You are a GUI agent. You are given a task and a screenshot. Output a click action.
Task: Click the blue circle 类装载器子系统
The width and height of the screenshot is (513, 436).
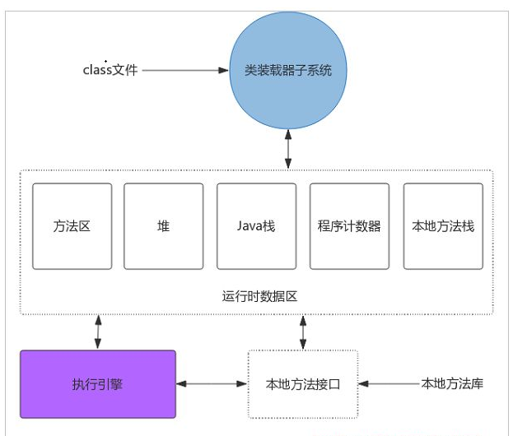click(288, 70)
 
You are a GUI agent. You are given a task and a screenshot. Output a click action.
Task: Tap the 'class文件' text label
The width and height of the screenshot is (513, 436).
click(110, 70)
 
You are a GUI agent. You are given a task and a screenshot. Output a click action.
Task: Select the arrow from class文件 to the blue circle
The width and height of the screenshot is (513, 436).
click(185, 70)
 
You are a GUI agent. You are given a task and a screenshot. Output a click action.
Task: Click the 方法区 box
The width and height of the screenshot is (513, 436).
click(72, 226)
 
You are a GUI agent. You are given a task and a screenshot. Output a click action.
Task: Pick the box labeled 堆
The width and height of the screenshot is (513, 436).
click(164, 226)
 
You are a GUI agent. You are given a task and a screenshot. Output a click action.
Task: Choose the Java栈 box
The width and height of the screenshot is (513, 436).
click(257, 226)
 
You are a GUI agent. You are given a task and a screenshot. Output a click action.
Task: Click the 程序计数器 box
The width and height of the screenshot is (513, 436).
click(349, 226)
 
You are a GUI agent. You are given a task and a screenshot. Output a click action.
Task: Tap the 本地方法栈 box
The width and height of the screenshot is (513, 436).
click(443, 226)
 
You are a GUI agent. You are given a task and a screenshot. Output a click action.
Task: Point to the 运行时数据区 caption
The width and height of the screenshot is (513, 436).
click(259, 296)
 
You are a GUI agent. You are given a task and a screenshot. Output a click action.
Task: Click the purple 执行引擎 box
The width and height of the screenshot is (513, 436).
click(98, 384)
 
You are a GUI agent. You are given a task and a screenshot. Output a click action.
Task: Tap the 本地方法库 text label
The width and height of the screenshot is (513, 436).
click(452, 383)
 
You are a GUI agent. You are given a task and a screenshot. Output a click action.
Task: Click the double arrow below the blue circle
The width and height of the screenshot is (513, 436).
click(288, 149)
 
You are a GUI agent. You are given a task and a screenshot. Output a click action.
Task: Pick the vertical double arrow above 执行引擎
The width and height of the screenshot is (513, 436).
click(98, 332)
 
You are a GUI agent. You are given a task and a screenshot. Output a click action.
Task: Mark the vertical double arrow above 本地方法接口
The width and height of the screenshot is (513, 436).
click(303, 332)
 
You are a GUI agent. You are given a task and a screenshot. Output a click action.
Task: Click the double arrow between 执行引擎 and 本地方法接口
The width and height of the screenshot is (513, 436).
click(212, 383)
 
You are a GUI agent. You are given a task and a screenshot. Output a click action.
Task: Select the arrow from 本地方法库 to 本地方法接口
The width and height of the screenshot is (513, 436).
click(389, 383)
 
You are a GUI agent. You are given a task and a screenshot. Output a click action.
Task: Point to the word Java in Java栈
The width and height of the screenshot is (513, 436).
click(250, 226)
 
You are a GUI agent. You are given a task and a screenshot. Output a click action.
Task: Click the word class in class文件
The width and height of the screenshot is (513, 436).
click(97, 70)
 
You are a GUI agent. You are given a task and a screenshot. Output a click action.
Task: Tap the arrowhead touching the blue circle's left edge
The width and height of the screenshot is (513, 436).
click(224, 70)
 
